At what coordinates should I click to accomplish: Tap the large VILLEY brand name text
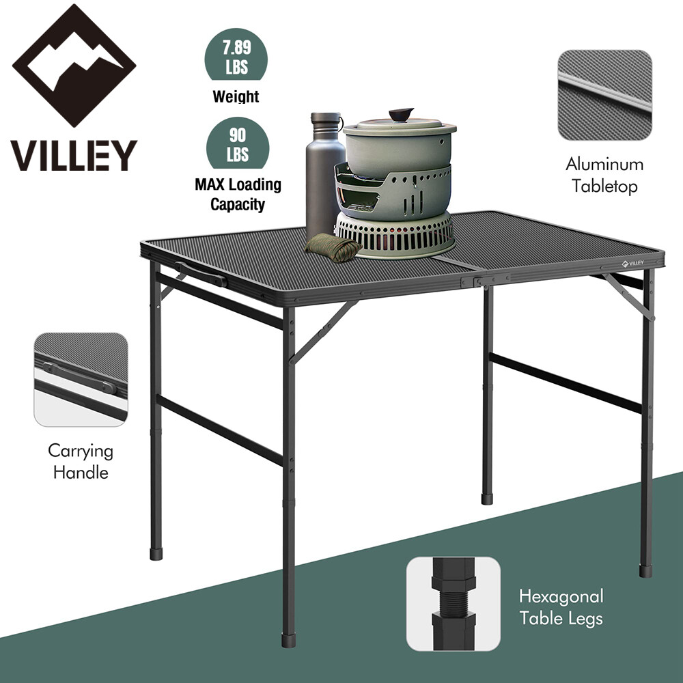pyautogui.click(x=74, y=156)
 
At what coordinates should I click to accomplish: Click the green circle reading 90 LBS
pyautogui.click(x=237, y=143)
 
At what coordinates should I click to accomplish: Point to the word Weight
pyautogui.click(x=236, y=96)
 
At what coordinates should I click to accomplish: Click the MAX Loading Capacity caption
pyautogui.click(x=237, y=194)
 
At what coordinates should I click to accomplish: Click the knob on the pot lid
pyautogui.click(x=401, y=113)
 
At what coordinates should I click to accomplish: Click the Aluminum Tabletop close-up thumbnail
pyautogui.click(x=604, y=95)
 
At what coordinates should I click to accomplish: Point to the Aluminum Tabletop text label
pyautogui.click(x=604, y=176)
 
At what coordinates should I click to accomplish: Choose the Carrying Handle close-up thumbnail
pyautogui.click(x=81, y=380)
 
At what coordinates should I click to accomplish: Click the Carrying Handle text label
pyautogui.click(x=81, y=462)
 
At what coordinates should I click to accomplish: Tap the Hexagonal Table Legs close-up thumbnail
pyautogui.click(x=453, y=603)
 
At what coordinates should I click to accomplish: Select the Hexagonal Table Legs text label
pyautogui.click(x=561, y=607)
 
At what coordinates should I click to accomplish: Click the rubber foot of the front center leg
pyautogui.click(x=290, y=641)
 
